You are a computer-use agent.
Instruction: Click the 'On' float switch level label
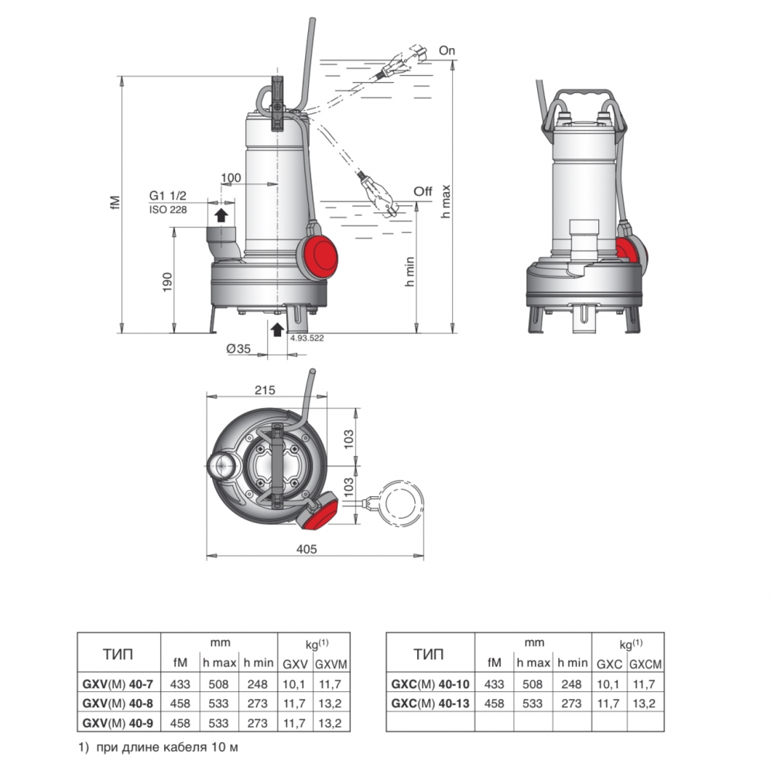(x=447, y=50)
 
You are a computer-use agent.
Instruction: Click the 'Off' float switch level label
(x=423, y=191)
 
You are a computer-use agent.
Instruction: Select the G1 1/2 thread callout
(x=168, y=196)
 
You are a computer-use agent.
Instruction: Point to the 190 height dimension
(x=168, y=282)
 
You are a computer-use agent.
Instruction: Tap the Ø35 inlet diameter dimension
(x=238, y=348)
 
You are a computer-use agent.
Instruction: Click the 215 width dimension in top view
(x=265, y=390)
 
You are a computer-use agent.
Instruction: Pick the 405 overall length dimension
(x=306, y=549)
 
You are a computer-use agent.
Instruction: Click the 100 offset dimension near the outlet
(x=231, y=178)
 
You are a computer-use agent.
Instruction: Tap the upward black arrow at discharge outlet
(x=221, y=214)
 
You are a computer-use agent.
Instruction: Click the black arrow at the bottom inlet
(x=277, y=329)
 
